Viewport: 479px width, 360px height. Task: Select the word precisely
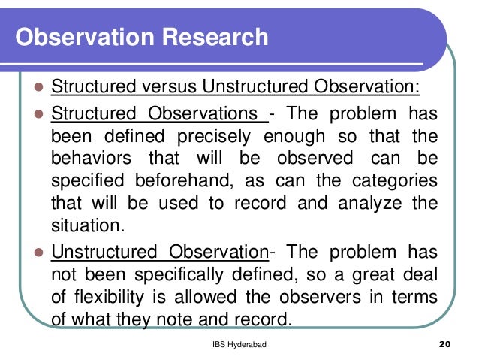(x=216, y=138)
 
